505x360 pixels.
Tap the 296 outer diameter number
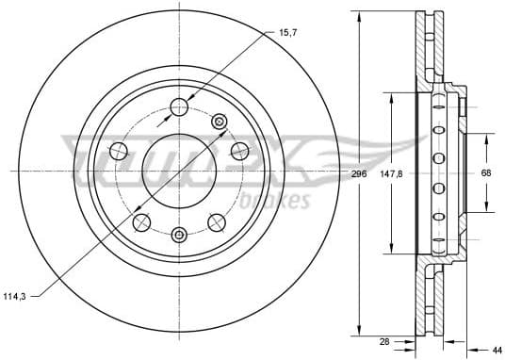coord(358,174)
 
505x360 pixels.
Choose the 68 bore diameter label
coord(486,173)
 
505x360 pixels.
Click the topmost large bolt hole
coord(180,106)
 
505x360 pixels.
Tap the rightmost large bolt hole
coord(240,150)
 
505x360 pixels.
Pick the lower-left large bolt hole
coord(142,221)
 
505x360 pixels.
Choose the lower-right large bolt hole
coord(217,221)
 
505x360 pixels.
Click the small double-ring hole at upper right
coord(220,120)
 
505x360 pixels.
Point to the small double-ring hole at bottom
coord(180,233)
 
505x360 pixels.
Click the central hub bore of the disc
coord(179,172)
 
